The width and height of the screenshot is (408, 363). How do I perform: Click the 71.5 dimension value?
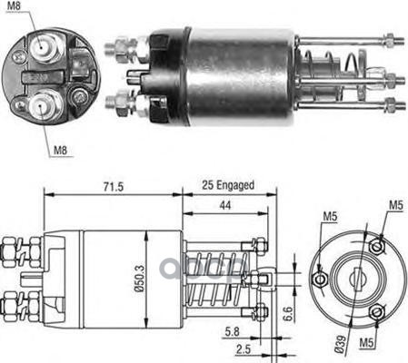coord(114,187)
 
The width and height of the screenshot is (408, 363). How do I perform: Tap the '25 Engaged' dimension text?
coord(228,185)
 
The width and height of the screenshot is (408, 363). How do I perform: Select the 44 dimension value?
coord(225,205)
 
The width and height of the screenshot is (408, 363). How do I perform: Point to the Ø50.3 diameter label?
coord(140,279)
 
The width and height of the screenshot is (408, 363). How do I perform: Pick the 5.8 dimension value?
coord(232,332)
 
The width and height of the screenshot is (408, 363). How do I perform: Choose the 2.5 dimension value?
coord(244,349)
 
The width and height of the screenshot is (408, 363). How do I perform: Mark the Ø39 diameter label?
coord(341,344)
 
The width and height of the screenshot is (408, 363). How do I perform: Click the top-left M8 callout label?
coord(14,5)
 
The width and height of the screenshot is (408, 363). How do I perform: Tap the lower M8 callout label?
coord(60,150)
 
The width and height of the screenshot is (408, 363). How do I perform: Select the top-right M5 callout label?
coord(396,205)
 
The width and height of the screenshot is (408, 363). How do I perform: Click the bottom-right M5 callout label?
coord(366,343)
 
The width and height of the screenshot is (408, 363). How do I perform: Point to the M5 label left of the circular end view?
coord(330,217)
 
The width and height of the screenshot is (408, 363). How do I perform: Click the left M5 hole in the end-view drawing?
coord(320,280)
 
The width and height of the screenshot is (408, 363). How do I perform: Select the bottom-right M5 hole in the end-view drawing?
coord(377,312)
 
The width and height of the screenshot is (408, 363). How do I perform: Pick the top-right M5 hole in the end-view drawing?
coord(377,246)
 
